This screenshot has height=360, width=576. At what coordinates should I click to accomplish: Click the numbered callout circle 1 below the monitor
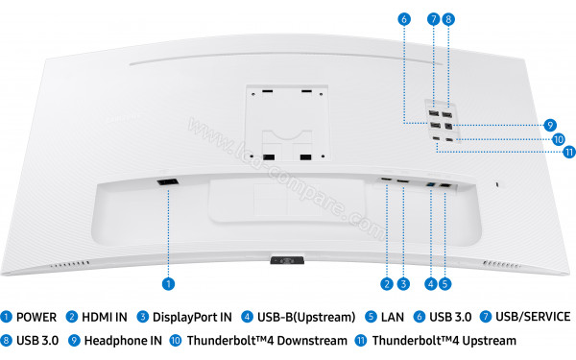click(x=168, y=283)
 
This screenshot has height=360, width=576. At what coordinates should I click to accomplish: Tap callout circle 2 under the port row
click(x=386, y=283)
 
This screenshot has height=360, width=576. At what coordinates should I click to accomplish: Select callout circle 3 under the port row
click(x=403, y=283)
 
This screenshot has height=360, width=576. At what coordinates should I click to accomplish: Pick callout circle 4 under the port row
click(x=430, y=283)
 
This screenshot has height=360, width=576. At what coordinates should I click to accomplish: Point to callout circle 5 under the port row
click(x=446, y=283)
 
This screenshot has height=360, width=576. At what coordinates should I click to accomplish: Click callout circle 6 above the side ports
click(x=403, y=18)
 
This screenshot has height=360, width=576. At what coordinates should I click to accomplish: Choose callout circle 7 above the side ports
click(x=434, y=18)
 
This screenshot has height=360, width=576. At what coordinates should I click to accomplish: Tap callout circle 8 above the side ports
click(x=449, y=18)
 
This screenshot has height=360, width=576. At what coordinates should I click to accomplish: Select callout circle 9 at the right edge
click(x=550, y=124)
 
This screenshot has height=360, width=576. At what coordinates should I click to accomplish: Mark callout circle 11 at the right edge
click(x=569, y=152)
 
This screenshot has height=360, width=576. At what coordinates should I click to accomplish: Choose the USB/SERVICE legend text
click(x=533, y=317)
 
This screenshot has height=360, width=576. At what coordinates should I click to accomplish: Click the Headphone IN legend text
click(x=123, y=340)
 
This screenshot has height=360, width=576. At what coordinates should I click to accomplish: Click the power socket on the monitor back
click(x=167, y=182)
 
